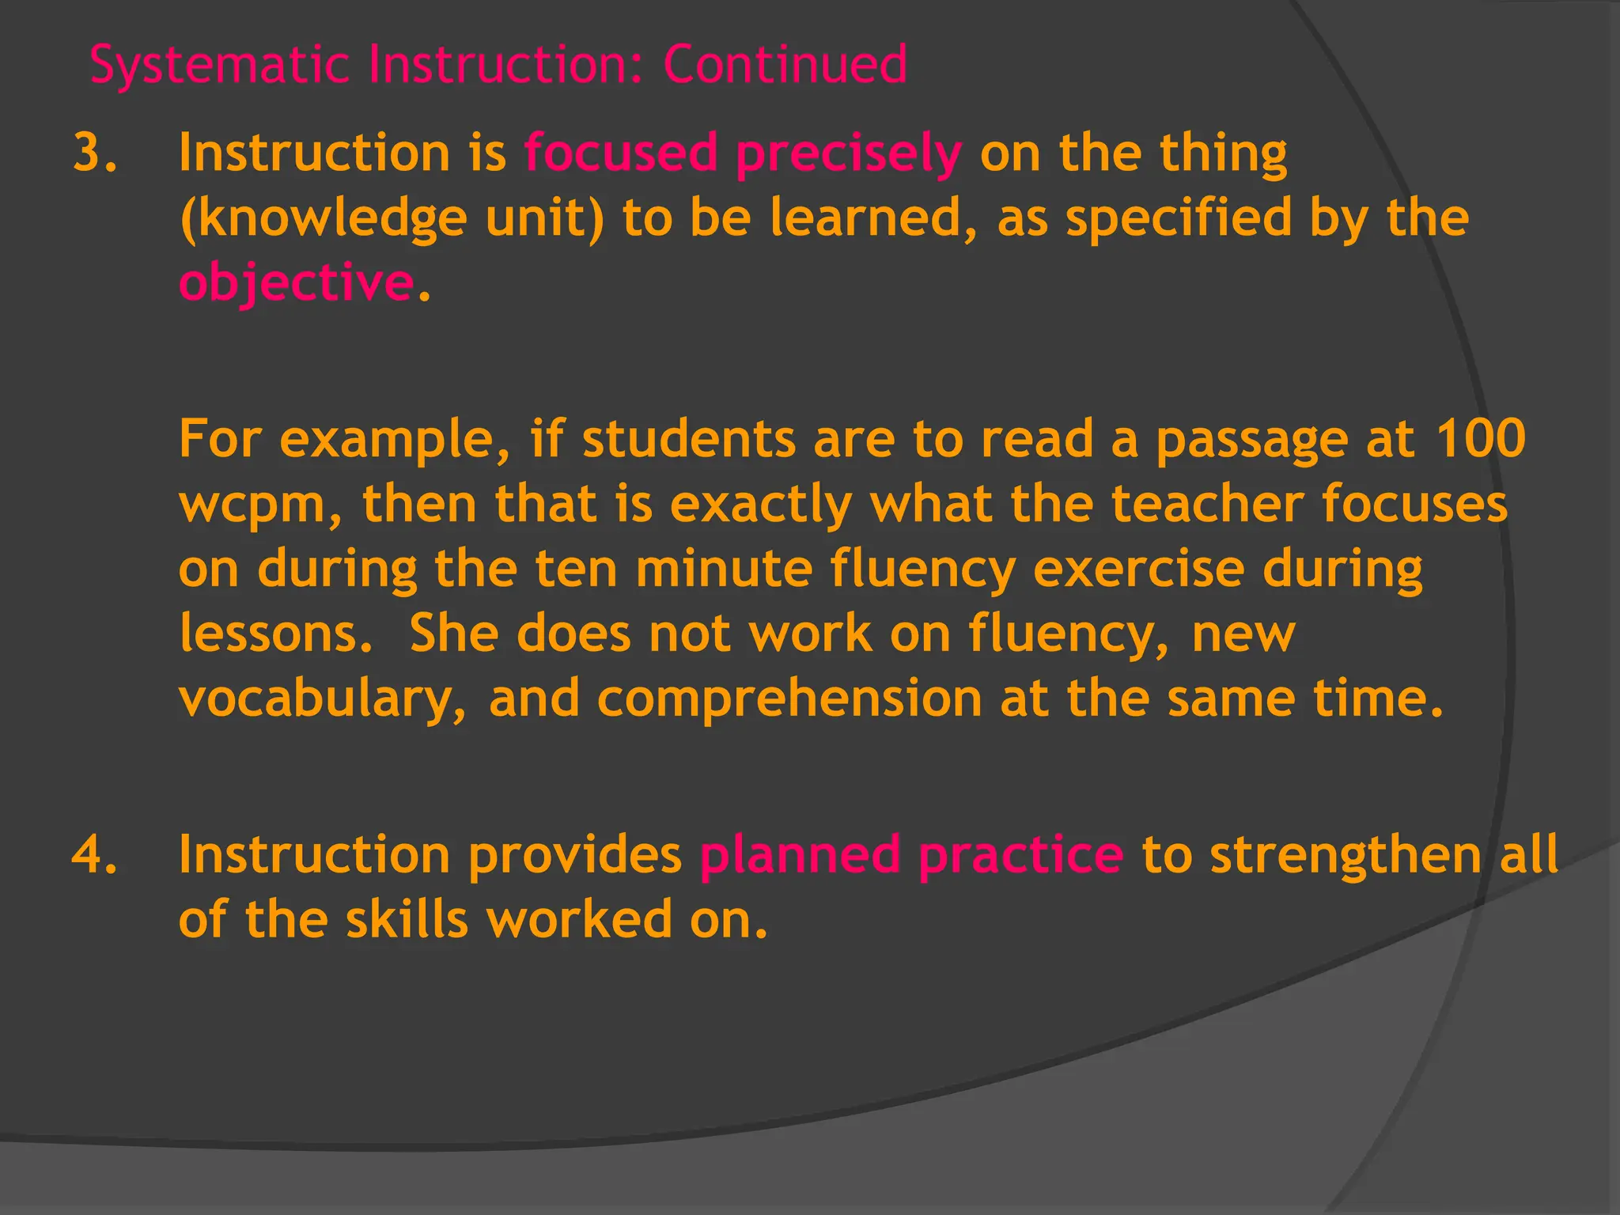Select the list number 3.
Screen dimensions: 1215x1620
pyautogui.click(x=95, y=153)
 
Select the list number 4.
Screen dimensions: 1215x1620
pyautogui.click(x=95, y=855)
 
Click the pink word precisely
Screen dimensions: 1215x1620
pyautogui.click(x=848, y=154)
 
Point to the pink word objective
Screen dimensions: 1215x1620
pyautogui.click(x=296, y=283)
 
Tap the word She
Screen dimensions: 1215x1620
pyautogui.click(x=453, y=634)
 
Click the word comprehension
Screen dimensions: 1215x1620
pyautogui.click(x=789, y=700)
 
